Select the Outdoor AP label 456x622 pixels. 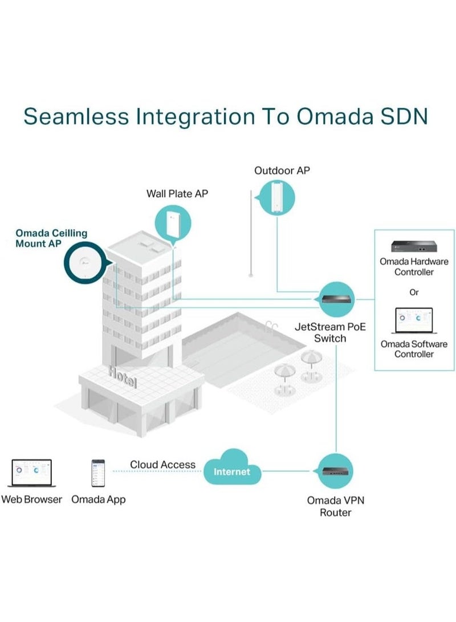click(282, 170)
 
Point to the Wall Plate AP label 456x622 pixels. click(177, 194)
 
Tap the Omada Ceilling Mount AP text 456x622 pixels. click(51, 238)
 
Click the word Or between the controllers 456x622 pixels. click(414, 292)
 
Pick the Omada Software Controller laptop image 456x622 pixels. click(414, 321)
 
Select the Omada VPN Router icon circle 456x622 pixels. click(335, 471)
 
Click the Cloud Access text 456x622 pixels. click(162, 465)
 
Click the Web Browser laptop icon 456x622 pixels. click(31, 473)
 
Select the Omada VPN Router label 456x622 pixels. click(336, 506)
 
